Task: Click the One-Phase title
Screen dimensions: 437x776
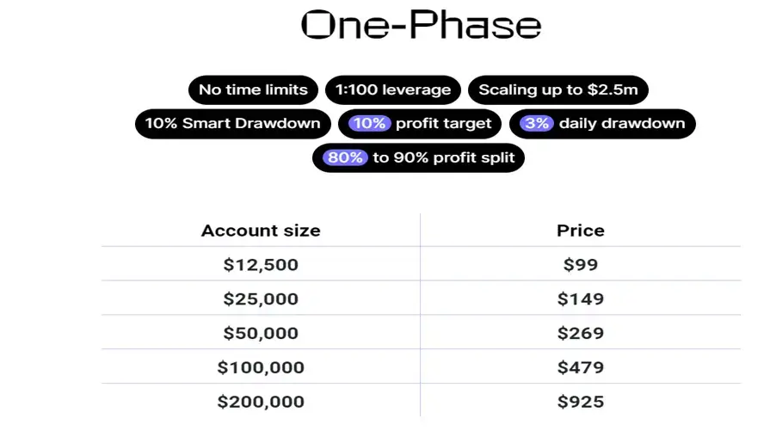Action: coord(422,25)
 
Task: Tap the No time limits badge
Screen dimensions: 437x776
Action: coord(253,89)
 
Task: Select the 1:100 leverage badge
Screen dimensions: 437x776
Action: coord(393,89)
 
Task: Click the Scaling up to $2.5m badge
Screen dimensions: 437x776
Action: coord(557,89)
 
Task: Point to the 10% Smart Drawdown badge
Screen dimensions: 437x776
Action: coord(232,123)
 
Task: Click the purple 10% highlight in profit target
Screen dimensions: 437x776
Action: coord(369,123)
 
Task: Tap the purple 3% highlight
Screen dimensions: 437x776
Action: coord(537,123)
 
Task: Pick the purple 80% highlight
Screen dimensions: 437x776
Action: coord(345,157)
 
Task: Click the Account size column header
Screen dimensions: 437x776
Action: coord(261,231)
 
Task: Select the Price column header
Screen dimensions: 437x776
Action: coord(581,231)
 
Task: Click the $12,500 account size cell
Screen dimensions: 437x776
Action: coord(261,265)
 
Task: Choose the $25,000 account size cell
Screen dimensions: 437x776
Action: coord(261,299)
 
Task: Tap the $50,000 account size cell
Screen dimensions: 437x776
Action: coord(261,333)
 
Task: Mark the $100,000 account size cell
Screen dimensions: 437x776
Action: coord(261,367)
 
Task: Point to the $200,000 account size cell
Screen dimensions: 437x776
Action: coord(261,402)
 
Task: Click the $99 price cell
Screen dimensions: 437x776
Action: coord(581,265)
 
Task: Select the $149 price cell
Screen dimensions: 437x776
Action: coord(581,299)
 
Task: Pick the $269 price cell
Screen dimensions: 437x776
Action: coord(581,333)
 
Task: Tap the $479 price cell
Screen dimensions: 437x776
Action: coord(581,367)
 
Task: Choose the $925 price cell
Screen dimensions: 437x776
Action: coord(581,402)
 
